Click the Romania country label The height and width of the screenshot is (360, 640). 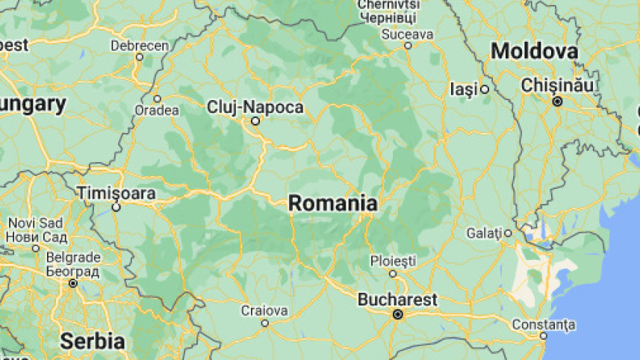332,203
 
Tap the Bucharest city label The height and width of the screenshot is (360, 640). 397,300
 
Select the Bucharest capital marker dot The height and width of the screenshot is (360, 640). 398,314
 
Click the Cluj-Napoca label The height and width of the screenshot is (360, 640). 255,108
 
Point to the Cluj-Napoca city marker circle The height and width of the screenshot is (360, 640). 255,121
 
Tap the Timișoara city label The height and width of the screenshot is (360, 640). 116,193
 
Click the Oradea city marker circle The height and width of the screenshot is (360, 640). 157,99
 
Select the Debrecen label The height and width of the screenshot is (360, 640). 140,46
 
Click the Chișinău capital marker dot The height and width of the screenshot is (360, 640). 557,100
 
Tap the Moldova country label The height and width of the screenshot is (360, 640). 534,52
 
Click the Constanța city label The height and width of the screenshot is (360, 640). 544,325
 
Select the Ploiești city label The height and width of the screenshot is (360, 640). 393,261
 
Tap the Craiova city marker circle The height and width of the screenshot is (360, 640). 264,323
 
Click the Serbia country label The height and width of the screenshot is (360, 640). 92,342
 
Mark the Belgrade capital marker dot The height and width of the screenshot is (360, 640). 73,284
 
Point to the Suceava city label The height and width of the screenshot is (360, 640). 407,34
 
